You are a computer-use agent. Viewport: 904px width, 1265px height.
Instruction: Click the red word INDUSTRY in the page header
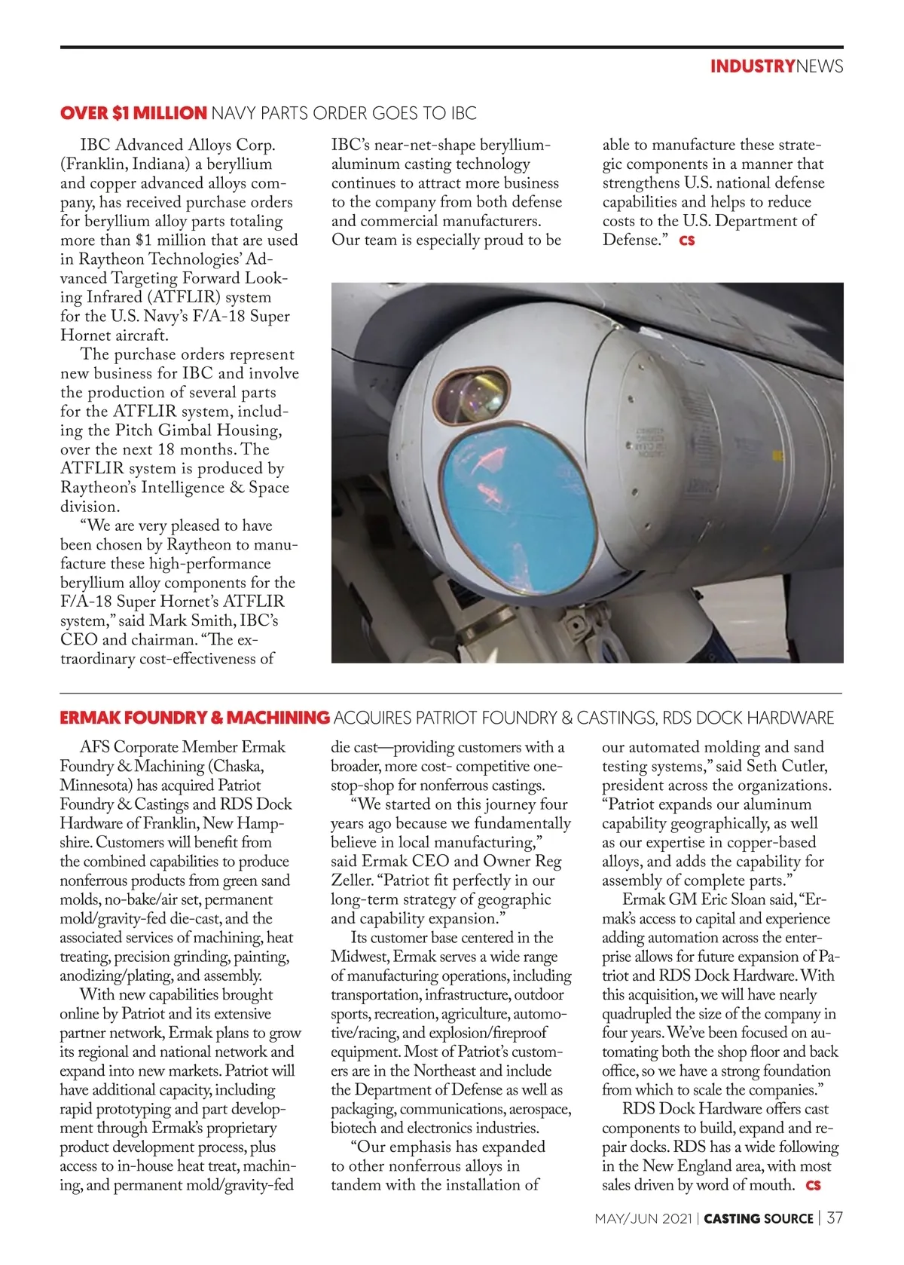pyautogui.click(x=752, y=66)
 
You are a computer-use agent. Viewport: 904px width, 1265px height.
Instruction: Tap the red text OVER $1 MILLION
pyautogui.click(x=133, y=113)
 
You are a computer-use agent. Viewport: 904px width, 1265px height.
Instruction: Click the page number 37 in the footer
pyautogui.click(x=835, y=1218)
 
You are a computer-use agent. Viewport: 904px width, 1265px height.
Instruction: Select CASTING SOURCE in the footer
pyautogui.click(x=759, y=1218)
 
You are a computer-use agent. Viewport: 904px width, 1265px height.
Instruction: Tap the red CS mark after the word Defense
pyautogui.click(x=686, y=240)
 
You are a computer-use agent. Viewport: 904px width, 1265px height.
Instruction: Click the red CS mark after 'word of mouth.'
pyautogui.click(x=813, y=1185)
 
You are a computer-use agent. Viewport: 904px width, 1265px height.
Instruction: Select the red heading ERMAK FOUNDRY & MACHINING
pyautogui.click(x=194, y=717)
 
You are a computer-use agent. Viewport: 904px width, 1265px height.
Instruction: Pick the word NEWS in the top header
pyautogui.click(x=820, y=66)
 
